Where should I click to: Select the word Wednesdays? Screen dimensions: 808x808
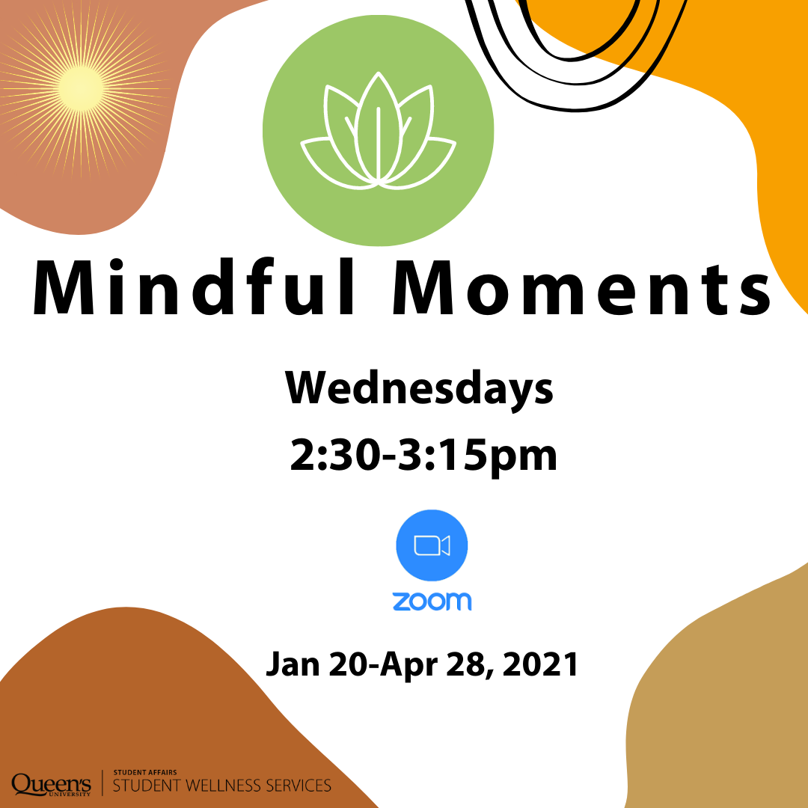(420, 390)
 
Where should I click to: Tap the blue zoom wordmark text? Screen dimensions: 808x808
(432, 600)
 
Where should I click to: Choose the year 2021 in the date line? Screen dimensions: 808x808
(540, 664)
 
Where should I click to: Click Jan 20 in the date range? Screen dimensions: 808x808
(307, 664)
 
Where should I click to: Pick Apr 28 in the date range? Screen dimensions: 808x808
(435, 664)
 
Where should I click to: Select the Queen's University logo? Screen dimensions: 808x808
(51, 784)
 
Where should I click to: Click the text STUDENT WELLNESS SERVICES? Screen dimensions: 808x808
(221, 786)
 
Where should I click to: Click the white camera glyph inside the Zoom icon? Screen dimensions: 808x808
(432, 546)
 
